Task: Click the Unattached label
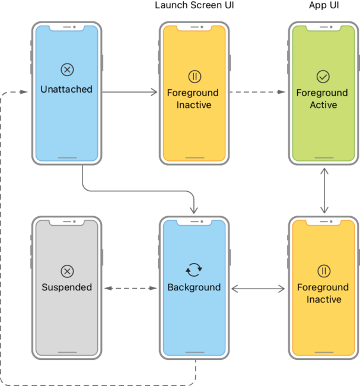point(66,90)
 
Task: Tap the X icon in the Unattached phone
point(67,70)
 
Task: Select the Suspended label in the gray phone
point(66,287)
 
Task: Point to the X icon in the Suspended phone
point(67,271)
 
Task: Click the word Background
point(194,287)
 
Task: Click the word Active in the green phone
point(323,105)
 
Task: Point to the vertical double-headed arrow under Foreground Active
point(324,190)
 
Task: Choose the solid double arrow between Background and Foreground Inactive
point(258,289)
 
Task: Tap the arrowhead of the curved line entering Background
point(194,210)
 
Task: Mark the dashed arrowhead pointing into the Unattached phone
point(24,93)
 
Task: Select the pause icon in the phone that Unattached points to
point(194,77)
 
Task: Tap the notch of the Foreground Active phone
point(323,27)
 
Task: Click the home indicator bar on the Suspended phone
point(67,353)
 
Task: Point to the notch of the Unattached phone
point(67,27)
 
